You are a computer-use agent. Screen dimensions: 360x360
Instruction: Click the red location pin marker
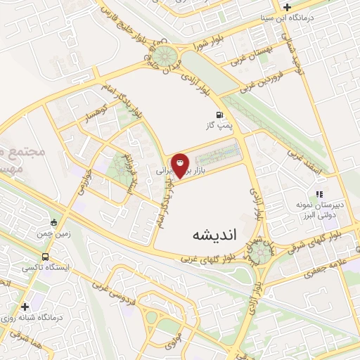[181, 166]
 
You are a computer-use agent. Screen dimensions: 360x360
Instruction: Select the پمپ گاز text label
[218, 125]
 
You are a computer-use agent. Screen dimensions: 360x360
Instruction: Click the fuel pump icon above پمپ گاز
[219, 114]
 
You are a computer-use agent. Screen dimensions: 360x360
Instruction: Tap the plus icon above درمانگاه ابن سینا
[287, 7]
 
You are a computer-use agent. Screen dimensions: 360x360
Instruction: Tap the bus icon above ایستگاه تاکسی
[46, 257]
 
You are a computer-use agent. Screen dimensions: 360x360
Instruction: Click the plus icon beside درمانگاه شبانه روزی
[25, 307]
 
